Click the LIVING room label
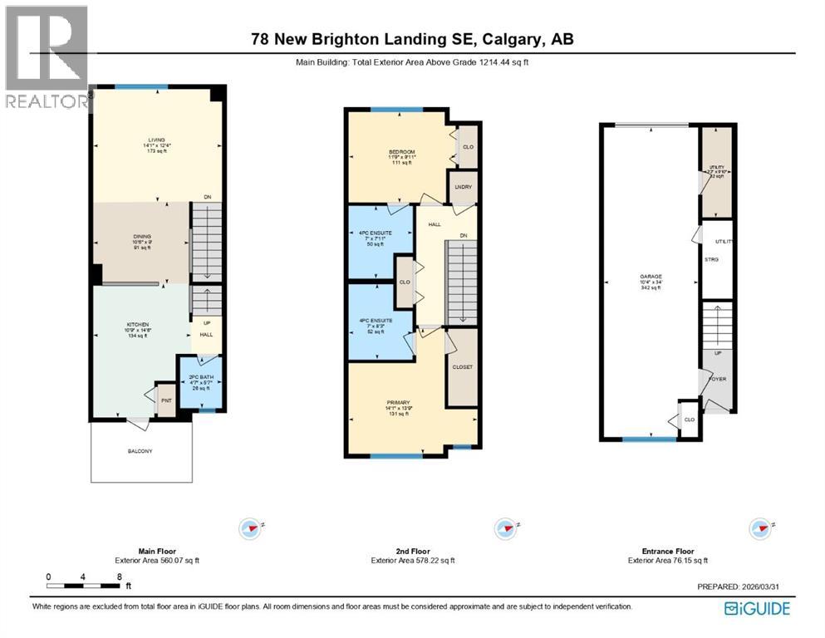156,140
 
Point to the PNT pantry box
166,400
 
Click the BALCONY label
140,451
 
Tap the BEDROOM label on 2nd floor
402,152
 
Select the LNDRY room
462,187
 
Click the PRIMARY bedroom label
398,403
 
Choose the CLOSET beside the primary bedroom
462,366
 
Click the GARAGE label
650,276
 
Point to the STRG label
711,260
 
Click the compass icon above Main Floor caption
249,528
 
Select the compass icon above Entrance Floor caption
757,528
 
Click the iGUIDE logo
757,609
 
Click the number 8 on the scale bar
120,576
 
